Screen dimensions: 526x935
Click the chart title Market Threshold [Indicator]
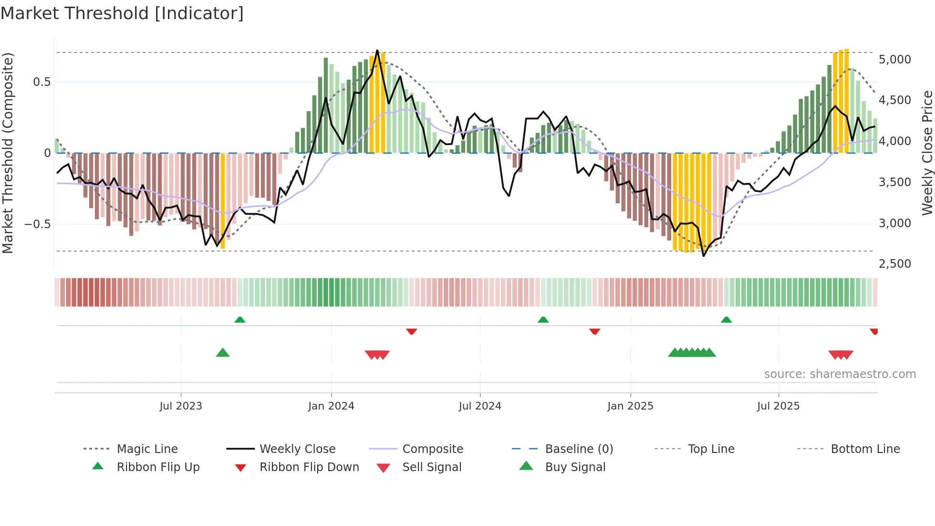122,13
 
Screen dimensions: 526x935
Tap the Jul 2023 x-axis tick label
181,406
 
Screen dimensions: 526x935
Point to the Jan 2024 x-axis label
331,406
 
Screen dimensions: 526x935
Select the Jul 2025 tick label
778,406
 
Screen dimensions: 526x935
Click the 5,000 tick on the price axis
894,60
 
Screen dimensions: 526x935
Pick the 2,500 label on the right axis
894,264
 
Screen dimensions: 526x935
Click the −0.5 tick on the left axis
37,224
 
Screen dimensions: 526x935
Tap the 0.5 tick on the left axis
42,82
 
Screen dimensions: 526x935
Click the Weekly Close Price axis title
927,153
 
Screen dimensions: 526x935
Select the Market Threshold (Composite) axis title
8,153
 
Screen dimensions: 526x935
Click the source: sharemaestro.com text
840,374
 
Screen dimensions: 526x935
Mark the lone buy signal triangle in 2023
223,353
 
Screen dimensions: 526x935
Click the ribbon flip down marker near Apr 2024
412,331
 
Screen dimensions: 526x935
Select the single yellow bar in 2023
223,200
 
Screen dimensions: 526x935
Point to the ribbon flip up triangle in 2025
726,320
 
